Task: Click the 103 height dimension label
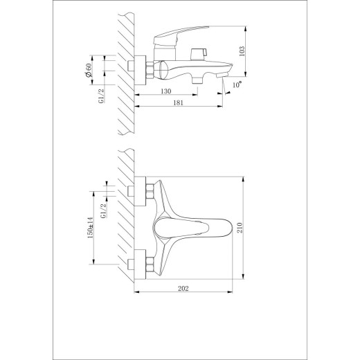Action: (242, 51)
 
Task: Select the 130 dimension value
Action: (166, 91)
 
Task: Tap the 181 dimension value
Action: (178, 102)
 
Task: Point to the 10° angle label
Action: (237, 84)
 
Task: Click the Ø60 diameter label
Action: (88, 71)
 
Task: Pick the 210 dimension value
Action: (240, 228)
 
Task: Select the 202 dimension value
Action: (183, 289)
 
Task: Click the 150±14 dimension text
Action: (90, 228)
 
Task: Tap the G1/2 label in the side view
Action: (101, 96)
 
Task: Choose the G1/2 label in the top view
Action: (104, 210)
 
